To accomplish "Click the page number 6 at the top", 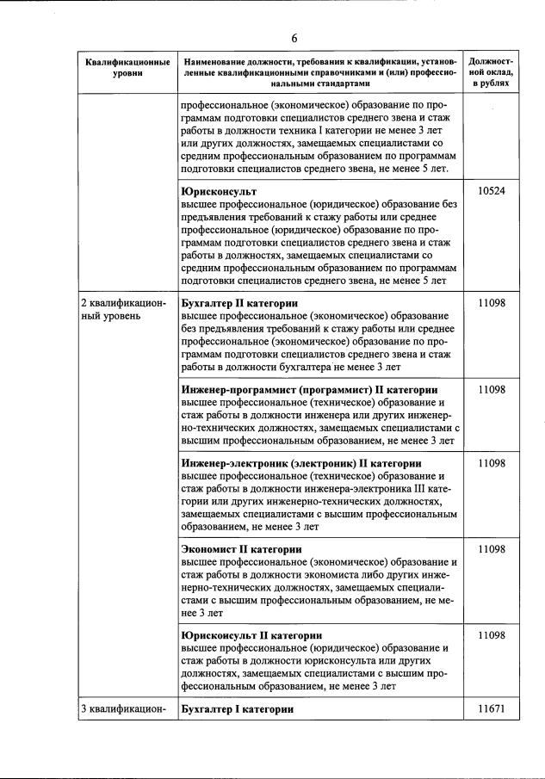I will (294, 39).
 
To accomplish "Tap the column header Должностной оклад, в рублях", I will (490, 72).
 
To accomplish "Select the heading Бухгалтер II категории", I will (239, 303).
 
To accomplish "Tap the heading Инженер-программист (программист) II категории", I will (309, 389).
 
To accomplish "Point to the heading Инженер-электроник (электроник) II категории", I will (301, 463).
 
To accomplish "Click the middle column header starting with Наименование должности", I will (320, 72).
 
